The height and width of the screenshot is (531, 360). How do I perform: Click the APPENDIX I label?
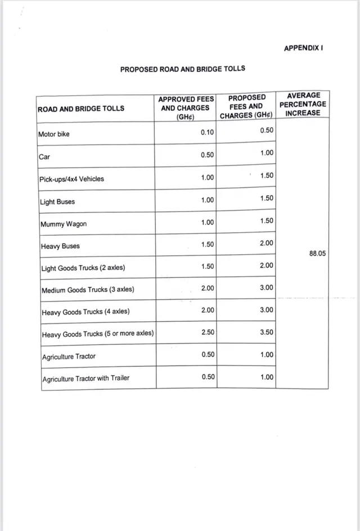[x=303, y=48]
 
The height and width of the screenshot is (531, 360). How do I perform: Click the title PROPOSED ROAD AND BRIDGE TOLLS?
[x=183, y=69]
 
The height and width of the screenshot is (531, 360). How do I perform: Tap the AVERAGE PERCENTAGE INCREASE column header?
[x=303, y=104]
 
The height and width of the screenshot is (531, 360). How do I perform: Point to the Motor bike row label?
[x=54, y=134]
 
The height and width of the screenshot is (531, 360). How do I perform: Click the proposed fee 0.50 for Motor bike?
[x=267, y=130]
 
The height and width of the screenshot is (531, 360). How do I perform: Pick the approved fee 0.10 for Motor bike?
[x=207, y=133]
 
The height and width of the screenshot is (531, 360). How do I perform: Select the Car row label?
[x=44, y=157]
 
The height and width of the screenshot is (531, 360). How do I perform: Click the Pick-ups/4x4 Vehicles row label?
[x=71, y=179]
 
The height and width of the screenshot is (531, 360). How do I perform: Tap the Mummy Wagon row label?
[x=64, y=224]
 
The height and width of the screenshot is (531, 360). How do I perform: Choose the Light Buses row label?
[x=57, y=202]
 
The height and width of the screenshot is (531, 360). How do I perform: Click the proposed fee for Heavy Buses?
[x=267, y=243]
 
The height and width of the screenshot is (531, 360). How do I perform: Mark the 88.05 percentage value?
[x=318, y=254]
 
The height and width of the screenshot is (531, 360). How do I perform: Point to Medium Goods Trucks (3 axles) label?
[x=88, y=290]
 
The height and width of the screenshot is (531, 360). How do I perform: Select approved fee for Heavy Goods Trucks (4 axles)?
[x=207, y=310]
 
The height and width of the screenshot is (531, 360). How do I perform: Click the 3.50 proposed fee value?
[x=267, y=332]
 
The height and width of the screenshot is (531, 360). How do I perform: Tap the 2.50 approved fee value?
[x=207, y=332]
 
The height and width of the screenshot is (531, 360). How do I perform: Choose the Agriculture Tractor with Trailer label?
[x=85, y=379]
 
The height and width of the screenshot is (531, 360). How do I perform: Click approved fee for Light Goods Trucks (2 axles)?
[x=207, y=266]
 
